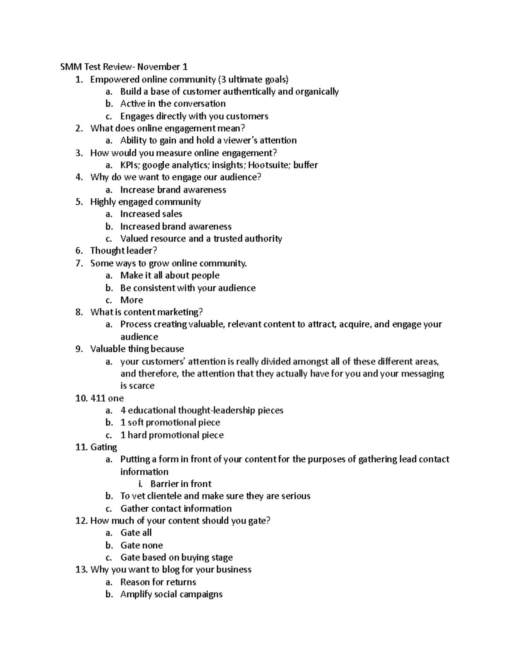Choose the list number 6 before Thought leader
79,251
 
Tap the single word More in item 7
131,300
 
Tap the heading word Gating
104,447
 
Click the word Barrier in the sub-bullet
164,484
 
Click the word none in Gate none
153,545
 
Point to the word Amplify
136,594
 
